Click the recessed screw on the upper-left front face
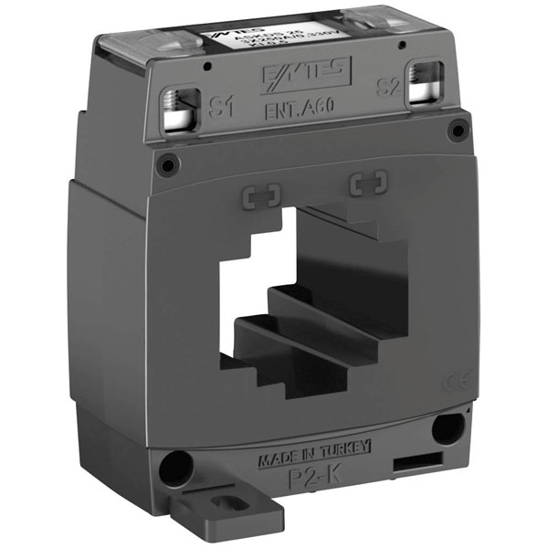[x=166, y=165]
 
